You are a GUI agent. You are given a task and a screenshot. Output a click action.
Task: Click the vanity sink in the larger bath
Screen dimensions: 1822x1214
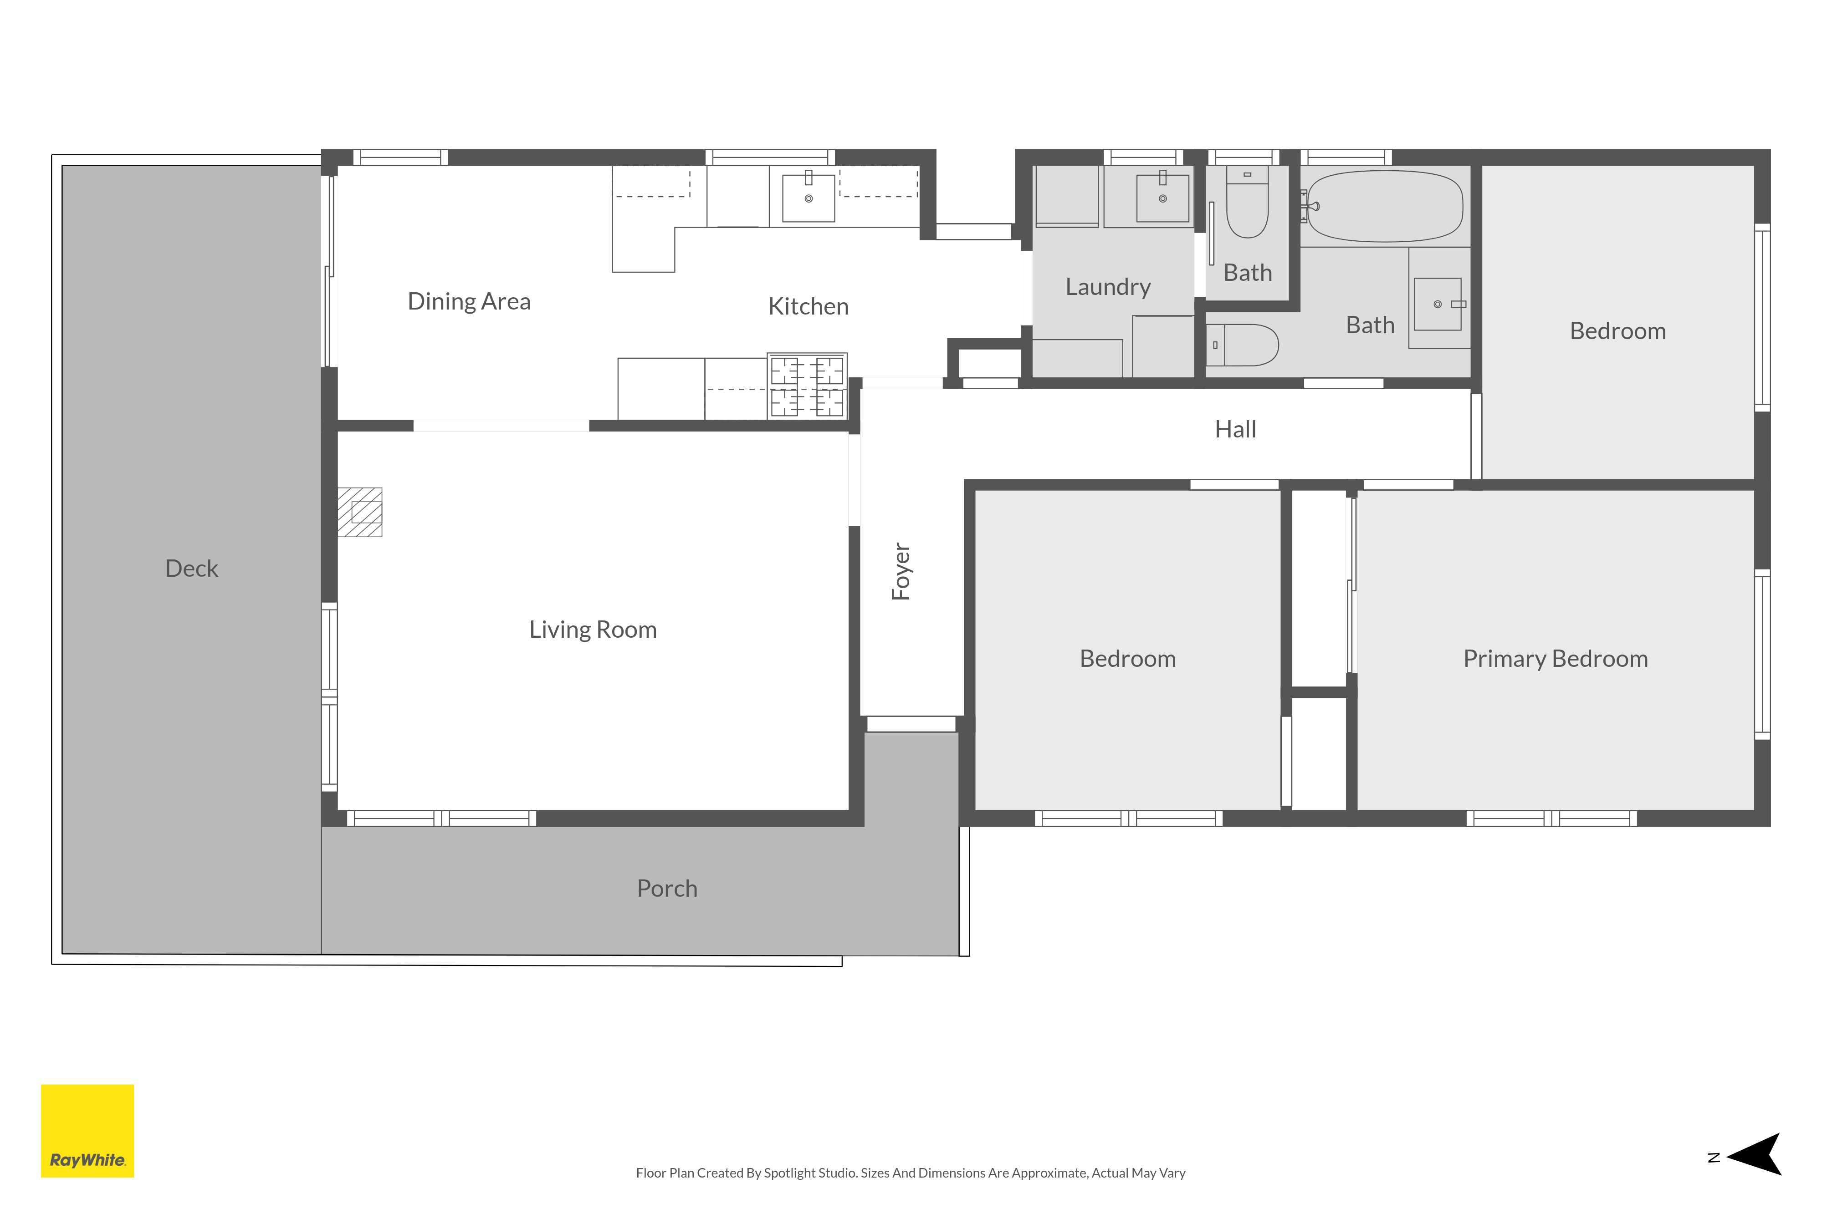pos(1438,304)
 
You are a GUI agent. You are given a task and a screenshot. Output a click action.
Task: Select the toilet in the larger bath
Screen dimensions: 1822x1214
pos(1242,345)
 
